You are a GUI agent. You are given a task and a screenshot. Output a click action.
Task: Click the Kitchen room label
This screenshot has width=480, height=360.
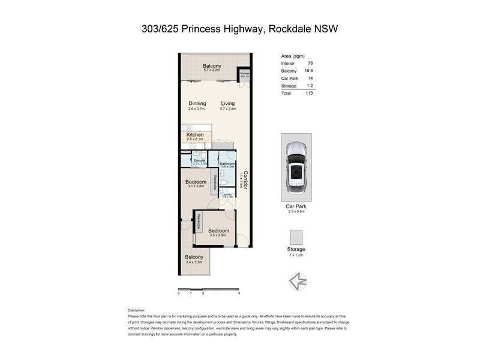pos(196,135)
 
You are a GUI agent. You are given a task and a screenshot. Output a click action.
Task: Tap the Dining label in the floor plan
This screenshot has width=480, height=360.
pos(197,103)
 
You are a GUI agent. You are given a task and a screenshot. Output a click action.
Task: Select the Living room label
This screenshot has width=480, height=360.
pos(227,103)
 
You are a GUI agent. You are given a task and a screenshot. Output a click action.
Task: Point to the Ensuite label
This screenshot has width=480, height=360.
pos(199,160)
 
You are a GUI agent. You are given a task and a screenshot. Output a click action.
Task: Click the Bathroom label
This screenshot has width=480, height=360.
pos(227,163)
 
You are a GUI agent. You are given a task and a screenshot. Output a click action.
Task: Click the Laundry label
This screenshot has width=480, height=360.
pos(227,194)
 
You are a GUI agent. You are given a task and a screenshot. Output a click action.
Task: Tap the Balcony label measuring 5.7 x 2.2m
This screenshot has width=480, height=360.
pos(212,66)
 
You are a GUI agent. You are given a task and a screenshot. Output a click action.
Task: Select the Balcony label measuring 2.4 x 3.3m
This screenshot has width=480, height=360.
pos(194,257)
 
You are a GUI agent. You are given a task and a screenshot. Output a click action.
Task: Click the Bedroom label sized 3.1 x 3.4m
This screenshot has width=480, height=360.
pos(196,182)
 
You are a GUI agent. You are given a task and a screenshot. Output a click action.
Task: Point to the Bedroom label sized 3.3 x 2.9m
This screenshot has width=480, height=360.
pos(218,230)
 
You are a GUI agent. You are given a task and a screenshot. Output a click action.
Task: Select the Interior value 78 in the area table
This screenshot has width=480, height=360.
pos(310,63)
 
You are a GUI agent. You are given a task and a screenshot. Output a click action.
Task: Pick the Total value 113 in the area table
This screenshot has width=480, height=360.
pos(309,93)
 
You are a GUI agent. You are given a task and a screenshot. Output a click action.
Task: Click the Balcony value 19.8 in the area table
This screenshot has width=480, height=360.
pos(309,71)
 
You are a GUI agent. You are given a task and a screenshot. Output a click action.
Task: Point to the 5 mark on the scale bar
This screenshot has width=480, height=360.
pos(239,293)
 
